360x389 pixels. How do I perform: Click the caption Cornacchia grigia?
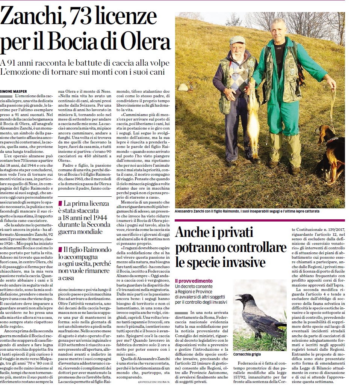247,354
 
